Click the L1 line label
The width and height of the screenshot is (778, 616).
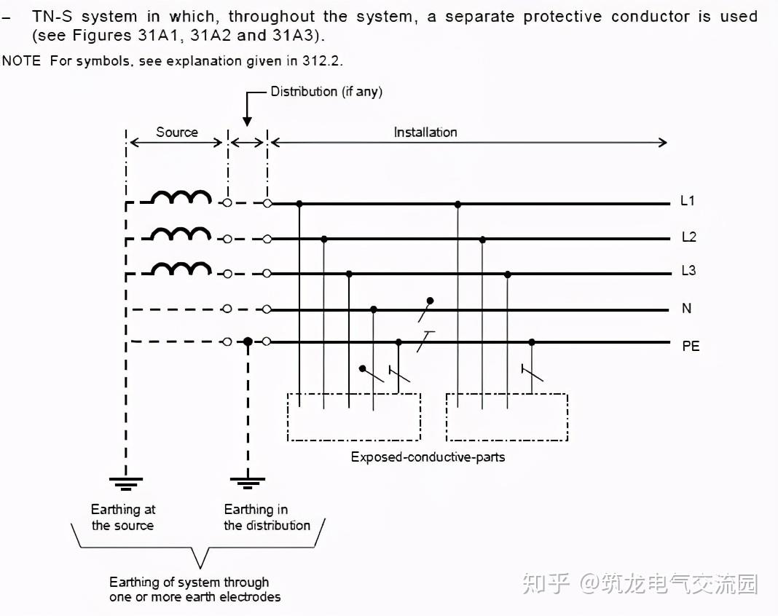[x=687, y=201]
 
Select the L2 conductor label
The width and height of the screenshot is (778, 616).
[x=688, y=237]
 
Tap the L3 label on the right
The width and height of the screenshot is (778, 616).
[x=688, y=271]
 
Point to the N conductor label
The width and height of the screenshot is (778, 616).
[x=686, y=309]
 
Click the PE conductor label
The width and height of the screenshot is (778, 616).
[x=690, y=347]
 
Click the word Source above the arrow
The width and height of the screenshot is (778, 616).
[x=176, y=132]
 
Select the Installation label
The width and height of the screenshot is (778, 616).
[x=425, y=132]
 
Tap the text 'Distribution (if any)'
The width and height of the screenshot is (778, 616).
[x=326, y=92]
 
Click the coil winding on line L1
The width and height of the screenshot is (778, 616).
[x=181, y=197]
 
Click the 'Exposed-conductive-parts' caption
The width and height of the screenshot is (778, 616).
[x=428, y=457]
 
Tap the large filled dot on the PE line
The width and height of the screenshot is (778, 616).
[x=248, y=341]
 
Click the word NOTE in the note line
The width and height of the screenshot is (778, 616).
[x=21, y=61]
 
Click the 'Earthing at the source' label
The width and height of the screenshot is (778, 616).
[x=122, y=517]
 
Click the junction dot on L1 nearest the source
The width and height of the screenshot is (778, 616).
[x=299, y=204]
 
